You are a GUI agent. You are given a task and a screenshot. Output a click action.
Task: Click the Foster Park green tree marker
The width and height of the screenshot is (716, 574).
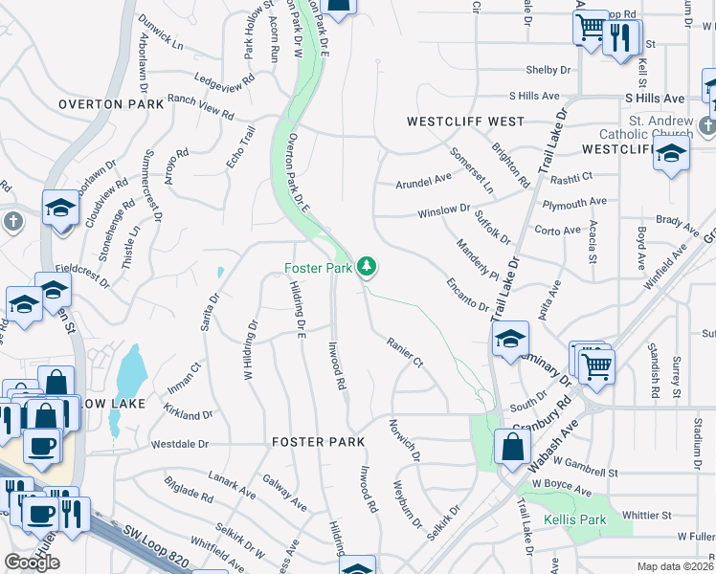(x=366, y=267)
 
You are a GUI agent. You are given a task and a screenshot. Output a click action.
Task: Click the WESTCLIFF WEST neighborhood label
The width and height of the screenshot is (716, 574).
(x=465, y=121)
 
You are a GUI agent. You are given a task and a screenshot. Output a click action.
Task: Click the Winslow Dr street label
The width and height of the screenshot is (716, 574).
(x=444, y=209)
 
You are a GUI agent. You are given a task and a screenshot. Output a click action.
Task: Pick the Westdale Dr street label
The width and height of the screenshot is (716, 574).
(x=180, y=445)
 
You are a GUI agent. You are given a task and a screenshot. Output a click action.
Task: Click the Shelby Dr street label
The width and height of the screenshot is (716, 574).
(x=548, y=70)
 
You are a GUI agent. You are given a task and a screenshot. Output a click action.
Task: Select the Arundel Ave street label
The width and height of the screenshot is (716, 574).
(x=424, y=179)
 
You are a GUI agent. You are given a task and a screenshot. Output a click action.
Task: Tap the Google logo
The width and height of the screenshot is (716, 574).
(x=32, y=563)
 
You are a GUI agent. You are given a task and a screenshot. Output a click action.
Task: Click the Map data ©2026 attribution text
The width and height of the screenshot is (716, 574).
(x=675, y=566)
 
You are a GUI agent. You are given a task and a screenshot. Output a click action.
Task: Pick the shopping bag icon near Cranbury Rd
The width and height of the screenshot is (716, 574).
(x=512, y=446)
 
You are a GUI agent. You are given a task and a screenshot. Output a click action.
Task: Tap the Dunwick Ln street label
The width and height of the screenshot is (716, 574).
(x=160, y=38)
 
